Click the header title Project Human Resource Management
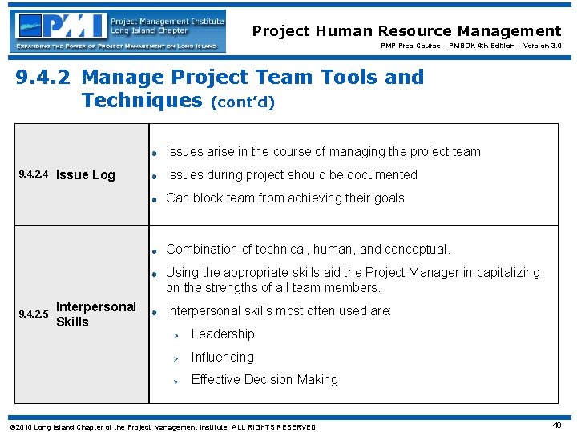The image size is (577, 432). pos(406,31)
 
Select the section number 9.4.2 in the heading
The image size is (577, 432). pos(45,78)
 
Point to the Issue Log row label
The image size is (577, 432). pos(86,175)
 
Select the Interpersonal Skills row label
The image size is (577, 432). pos(95,314)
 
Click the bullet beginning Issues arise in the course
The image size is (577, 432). pos(322,152)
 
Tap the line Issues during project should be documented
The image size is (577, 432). pos(291,175)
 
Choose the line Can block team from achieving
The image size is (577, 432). pos(284,198)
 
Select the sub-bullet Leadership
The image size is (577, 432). pos(222,334)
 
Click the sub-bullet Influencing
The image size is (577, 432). pos(222,358)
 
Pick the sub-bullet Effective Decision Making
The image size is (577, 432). pos(264,380)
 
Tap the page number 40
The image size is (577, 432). pos(556,426)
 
